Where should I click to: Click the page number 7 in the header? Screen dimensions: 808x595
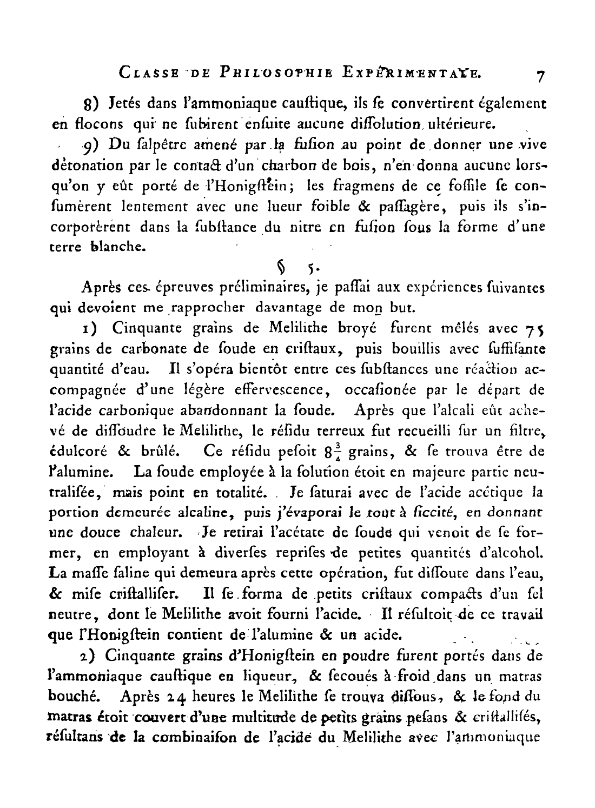click(539, 77)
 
